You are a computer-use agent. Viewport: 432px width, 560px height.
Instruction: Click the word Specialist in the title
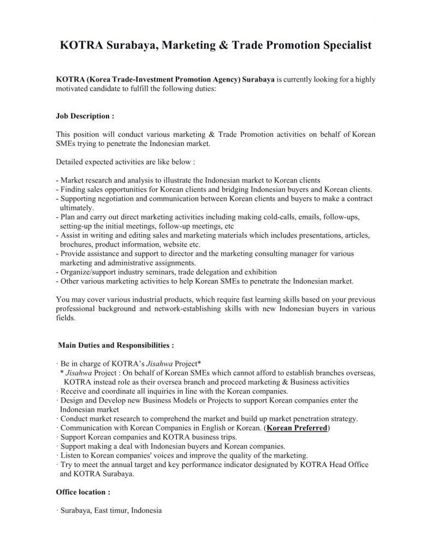click(342, 45)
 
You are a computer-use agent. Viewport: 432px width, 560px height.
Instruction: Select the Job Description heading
click(85, 116)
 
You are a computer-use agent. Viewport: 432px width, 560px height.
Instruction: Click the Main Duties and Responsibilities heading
click(116, 345)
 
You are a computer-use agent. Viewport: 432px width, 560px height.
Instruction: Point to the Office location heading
click(83, 492)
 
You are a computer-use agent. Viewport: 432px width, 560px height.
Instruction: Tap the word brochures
click(76, 244)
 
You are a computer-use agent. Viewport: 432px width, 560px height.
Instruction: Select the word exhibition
click(258, 272)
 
